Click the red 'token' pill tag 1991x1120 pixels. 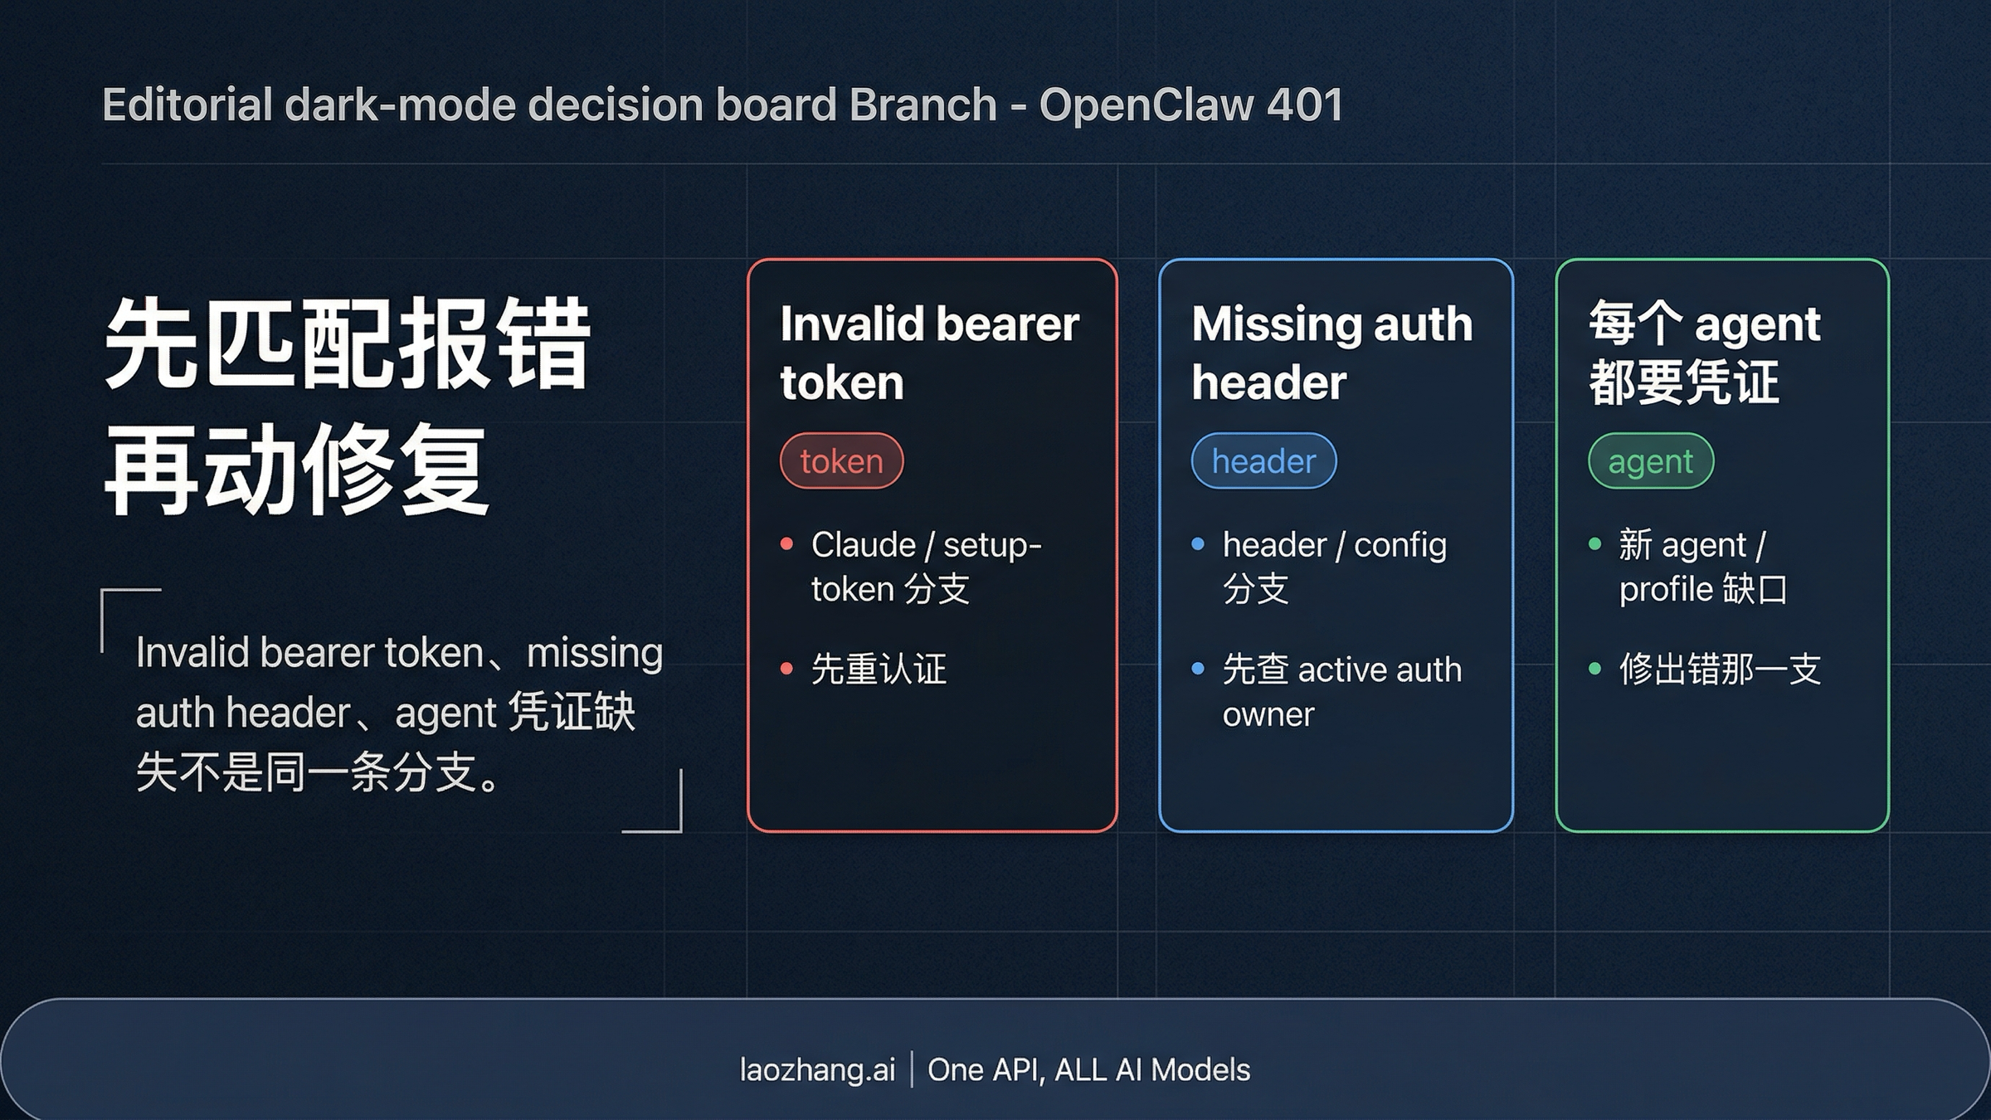point(841,461)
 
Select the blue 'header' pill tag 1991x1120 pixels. point(1263,461)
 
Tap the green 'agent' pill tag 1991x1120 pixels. point(1650,461)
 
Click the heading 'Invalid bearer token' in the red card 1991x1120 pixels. point(928,353)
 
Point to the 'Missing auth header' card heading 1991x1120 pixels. point(1331,353)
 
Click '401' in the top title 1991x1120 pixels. point(1305,105)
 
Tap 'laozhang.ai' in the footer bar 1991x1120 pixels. point(817,1070)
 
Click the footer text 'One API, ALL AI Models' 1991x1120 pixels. point(1088,1070)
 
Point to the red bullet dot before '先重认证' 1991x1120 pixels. point(786,669)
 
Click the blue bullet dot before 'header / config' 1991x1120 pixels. point(1198,545)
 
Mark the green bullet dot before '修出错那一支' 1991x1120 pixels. point(1594,669)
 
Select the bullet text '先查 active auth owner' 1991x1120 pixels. point(1341,691)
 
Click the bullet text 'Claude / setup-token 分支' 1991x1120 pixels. point(926,567)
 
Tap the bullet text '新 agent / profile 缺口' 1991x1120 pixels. point(1702,567)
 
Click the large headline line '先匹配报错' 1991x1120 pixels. point(347,344)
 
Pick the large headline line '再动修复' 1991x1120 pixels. point(296,470)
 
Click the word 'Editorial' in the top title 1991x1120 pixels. point(187,105)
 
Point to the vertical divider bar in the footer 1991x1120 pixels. point(912,1070)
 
